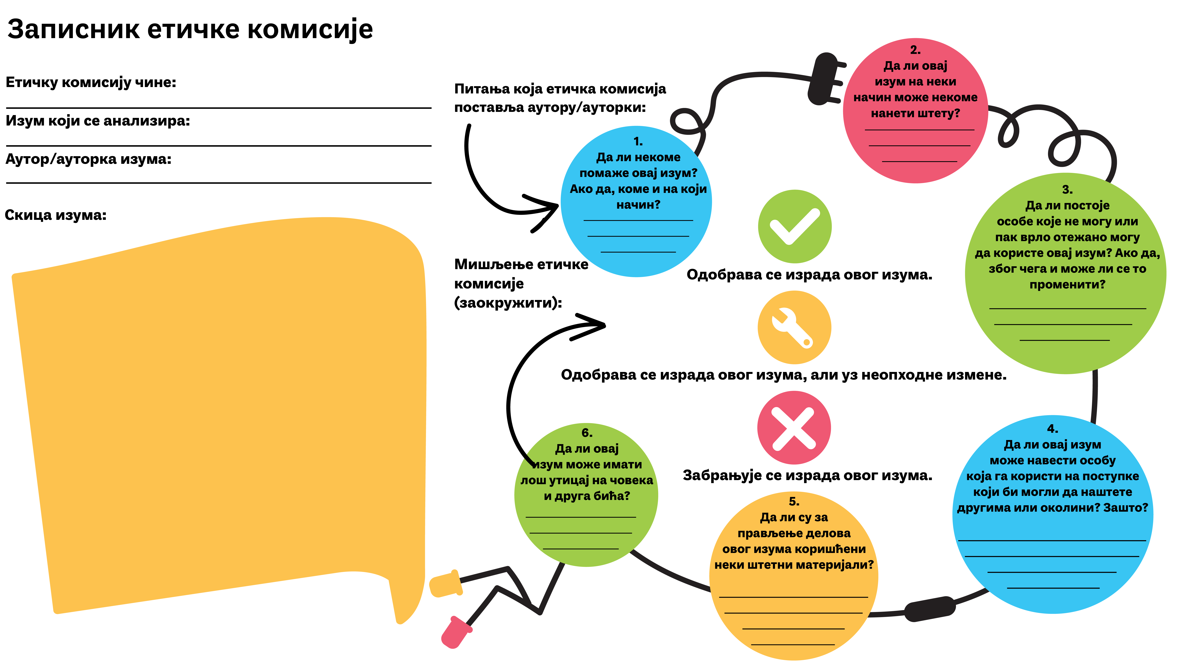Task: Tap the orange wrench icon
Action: click(x=794, y=327)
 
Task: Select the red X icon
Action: click(x=794, y=428)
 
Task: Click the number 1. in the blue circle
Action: click(x=638, y=141)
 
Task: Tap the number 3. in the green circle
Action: click(x=1067, y=190)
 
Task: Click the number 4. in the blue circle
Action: click(x=1053, y=429)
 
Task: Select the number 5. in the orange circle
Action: click(x=794, y=501)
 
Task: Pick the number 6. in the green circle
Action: click(x=587, y=433)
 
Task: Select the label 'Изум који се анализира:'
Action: click(x=98, y=121)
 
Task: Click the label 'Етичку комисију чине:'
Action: click(x=91, y=83)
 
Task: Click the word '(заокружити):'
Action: click(x=508, y=303)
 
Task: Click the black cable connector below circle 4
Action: click(x=930, y=609)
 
